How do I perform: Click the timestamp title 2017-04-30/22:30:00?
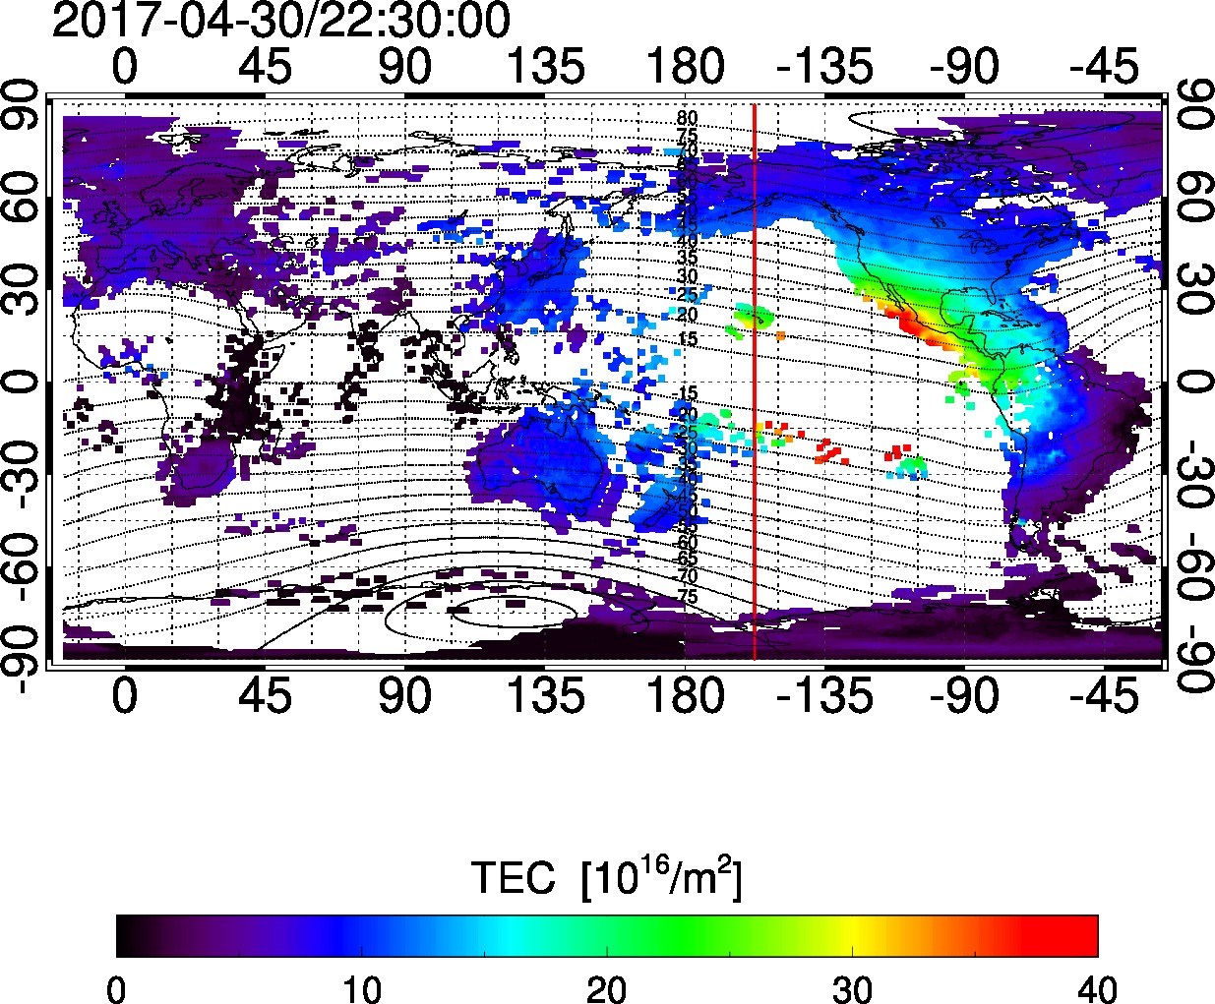coord(281,21)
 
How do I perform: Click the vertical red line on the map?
coord(754,393)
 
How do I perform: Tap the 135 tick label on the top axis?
coord(545,67)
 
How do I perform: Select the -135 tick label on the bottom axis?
coord(824,697)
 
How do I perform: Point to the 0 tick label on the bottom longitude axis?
coord(125,697)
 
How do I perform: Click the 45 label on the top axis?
coord(266,67)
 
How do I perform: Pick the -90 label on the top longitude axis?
coord(966,67)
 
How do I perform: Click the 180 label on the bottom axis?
coord(685,697)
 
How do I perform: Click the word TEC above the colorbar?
coord(514,877)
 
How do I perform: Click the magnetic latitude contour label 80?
coord(687,118)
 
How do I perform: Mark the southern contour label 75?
coord(688,597)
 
